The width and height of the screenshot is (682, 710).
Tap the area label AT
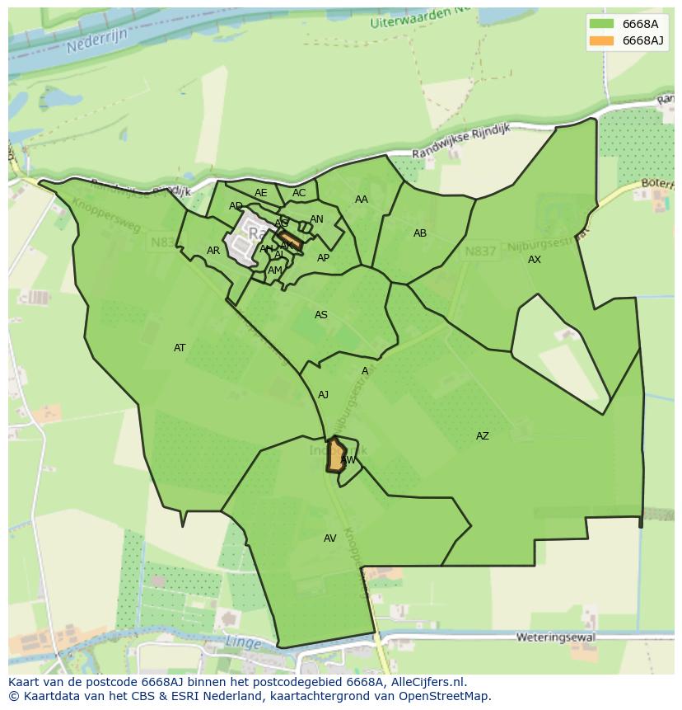pos(180,348)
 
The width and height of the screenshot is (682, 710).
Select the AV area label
pos(330,538)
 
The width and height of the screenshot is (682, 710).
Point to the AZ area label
pos(483,436)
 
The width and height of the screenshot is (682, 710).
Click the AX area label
pos(535,260)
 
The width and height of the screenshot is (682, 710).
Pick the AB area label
pos(420,233)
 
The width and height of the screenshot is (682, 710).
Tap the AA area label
pos(362,200)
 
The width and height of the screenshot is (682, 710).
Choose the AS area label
pos(321,315)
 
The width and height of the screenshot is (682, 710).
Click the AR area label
pos(213,251)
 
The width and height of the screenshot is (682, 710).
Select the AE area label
pos(261,194)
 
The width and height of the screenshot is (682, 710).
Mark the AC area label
pos(299,194)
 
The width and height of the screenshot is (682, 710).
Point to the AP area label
pos(324,258)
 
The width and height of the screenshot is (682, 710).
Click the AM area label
pos(275,270)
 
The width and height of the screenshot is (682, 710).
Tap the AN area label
pos(317,219)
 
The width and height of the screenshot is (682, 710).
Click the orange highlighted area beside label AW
pos(335,455)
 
